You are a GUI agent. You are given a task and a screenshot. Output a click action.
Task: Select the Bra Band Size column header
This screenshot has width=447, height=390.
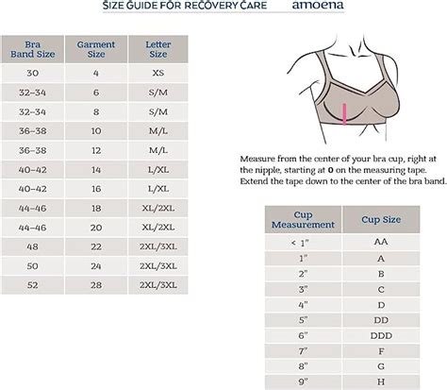pos(33,49)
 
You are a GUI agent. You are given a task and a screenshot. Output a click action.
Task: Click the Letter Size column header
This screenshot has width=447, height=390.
pos(157,49)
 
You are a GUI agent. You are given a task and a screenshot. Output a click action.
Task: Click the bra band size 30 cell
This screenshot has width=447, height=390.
pos(33,72)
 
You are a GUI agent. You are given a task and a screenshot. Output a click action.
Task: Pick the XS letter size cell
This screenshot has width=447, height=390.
pos(157,72)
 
